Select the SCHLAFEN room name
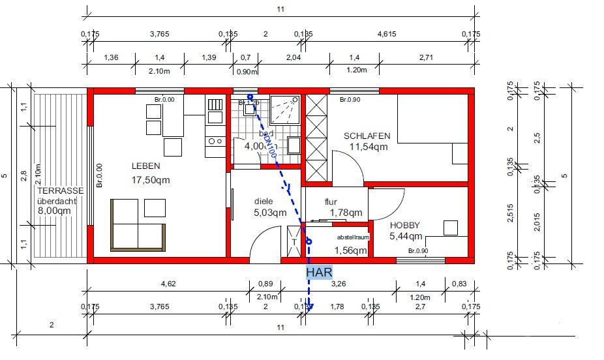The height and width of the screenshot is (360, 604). coord(367,136)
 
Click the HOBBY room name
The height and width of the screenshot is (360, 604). coord(405,225)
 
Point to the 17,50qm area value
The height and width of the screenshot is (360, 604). coord(151,179)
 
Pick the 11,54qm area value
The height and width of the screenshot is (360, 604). coord(369,147)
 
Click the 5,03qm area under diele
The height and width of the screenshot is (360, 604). coord(270,212)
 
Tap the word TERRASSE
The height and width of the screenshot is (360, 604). coord(60,191)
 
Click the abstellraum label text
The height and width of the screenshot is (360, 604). coord(352,237)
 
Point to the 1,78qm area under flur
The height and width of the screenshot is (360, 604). coord(346,213)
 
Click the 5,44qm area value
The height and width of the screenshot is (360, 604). coord(406,236)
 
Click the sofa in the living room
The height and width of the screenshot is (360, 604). coord(137,225)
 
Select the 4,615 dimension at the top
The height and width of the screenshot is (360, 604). coord(389,33)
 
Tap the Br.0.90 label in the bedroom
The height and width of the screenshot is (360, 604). coord(350,100)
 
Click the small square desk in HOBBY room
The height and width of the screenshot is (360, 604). coord(450,228)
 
